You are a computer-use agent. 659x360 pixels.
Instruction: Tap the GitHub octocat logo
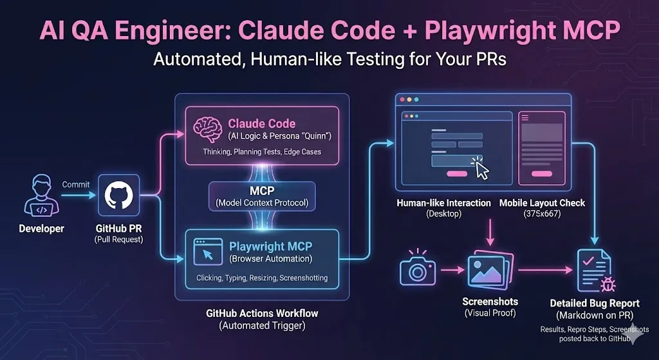[119, 194]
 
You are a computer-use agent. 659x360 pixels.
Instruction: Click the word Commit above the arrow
[75, 184]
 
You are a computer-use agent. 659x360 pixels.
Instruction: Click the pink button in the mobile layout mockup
[541, 173]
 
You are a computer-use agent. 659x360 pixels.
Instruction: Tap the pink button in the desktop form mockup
[456, 173]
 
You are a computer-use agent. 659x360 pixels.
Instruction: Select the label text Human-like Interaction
[444, 203]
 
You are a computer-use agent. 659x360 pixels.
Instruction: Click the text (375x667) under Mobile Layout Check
[542, 214]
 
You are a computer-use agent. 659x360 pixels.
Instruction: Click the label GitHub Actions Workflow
[261, 314]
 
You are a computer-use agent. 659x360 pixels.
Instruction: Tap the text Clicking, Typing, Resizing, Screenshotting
[261, 278]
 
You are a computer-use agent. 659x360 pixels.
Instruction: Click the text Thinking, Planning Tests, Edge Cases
[261, 151]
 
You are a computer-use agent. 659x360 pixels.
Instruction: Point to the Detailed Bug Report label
[594, 303]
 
